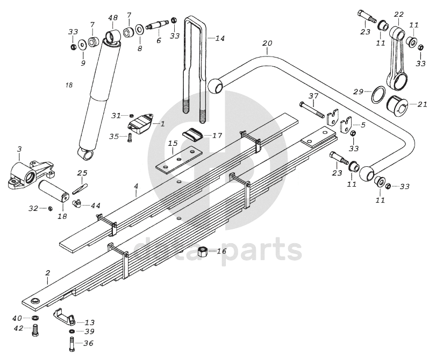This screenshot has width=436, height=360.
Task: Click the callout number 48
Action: [x=113, y=18]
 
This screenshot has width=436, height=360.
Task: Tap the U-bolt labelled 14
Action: [x=196, y=69]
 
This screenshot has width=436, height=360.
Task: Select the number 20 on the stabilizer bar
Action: [x=267, y=44]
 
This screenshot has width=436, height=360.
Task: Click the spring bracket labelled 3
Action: [x=30, y=174]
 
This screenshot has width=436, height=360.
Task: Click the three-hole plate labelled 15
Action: [x=178, y=161]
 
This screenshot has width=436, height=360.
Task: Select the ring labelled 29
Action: [x=378, y=95]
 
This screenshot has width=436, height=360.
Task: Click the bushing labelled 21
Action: [x=398, y=104]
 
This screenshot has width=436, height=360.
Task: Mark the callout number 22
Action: [x=399, y=14]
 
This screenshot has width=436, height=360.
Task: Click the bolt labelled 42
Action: [x=35, y=330]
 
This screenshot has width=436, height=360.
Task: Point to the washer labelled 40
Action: [x=35, y=317]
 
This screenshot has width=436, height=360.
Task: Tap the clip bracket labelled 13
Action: [x=64, y=316]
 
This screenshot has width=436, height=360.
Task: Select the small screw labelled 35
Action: [x=130, y=138]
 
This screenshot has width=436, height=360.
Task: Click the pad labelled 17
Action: [x=192, y=134]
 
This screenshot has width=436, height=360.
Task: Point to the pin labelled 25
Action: [x=80, y=188]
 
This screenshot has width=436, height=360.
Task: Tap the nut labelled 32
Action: [x=51, y=208]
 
